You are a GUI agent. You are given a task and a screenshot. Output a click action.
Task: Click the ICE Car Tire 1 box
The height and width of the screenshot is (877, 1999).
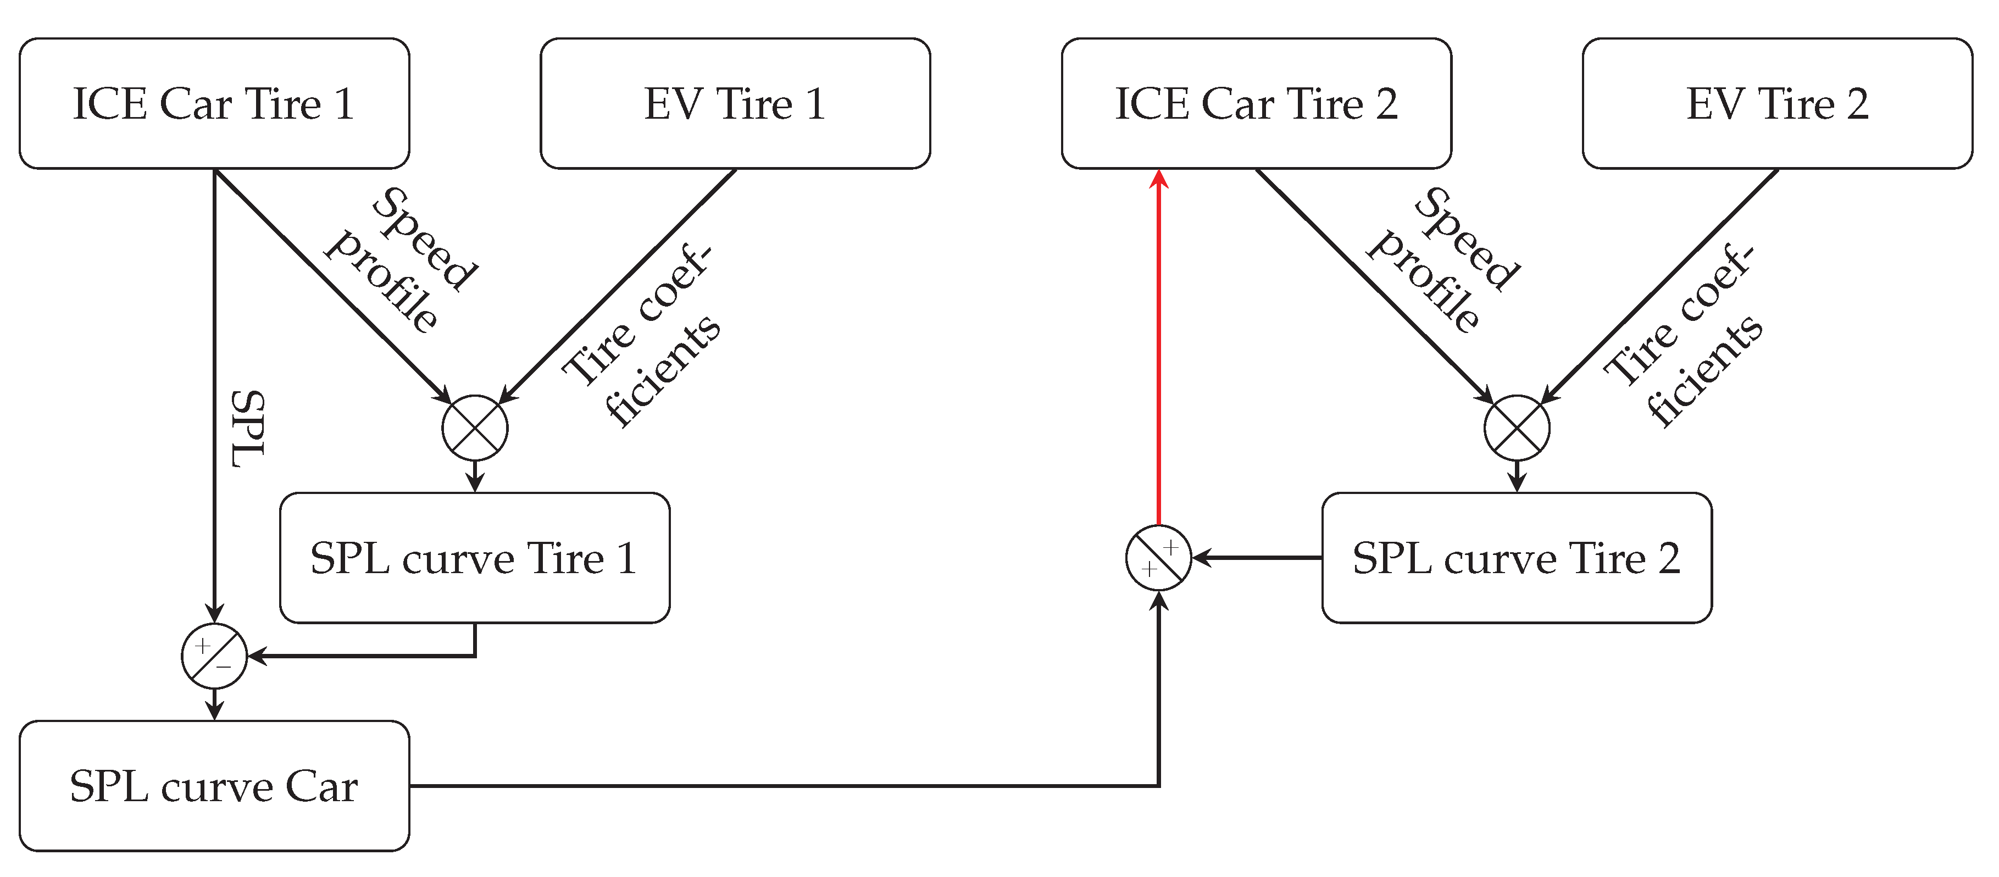(214, 103)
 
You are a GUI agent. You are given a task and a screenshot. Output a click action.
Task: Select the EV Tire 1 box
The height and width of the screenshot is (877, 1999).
(735, 103)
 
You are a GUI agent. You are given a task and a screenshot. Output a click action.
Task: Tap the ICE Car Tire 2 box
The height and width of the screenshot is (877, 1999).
(1256, 103)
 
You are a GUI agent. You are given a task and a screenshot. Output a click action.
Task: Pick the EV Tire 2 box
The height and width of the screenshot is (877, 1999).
(1777, 103)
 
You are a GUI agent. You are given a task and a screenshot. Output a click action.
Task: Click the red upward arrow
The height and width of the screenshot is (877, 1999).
(1159, 349)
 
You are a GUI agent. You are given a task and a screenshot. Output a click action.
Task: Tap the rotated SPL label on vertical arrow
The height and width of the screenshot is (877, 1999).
(248, 429)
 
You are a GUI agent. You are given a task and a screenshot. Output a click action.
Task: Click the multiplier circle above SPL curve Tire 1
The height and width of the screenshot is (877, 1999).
(475, 428)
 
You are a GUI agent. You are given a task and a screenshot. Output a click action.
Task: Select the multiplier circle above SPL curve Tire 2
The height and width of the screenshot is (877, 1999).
(1517, 428)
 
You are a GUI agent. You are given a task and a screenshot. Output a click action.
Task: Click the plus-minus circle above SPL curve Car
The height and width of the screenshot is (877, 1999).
(214, 656)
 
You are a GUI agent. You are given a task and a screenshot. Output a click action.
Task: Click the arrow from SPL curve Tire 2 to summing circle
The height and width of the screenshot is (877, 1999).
(1257, 557)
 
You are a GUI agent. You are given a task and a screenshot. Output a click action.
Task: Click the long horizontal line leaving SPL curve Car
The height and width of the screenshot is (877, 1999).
(776, 785)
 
